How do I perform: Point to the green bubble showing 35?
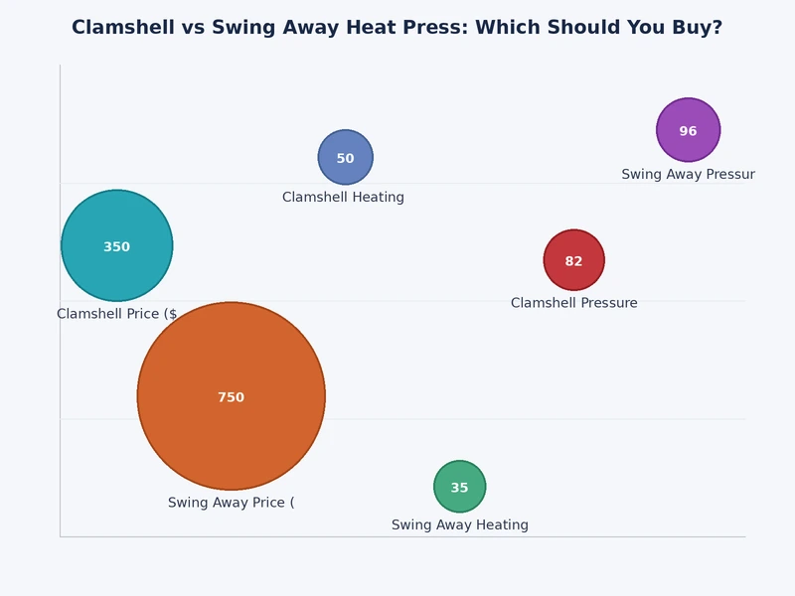click(459, 474)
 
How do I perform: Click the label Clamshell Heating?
click(343, 198)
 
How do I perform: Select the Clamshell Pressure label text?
click(573, 303)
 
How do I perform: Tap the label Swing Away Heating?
click(459, 525)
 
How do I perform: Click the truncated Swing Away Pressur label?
click(688, 175)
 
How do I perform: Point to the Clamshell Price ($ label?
click(116, 314)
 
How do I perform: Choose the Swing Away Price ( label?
click(231, 503)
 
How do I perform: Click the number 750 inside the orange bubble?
click(231, 397)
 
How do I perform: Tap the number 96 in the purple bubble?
click(688, 131)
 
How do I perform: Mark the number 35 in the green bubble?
click(459, 488)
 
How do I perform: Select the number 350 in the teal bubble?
click(116, 247)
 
